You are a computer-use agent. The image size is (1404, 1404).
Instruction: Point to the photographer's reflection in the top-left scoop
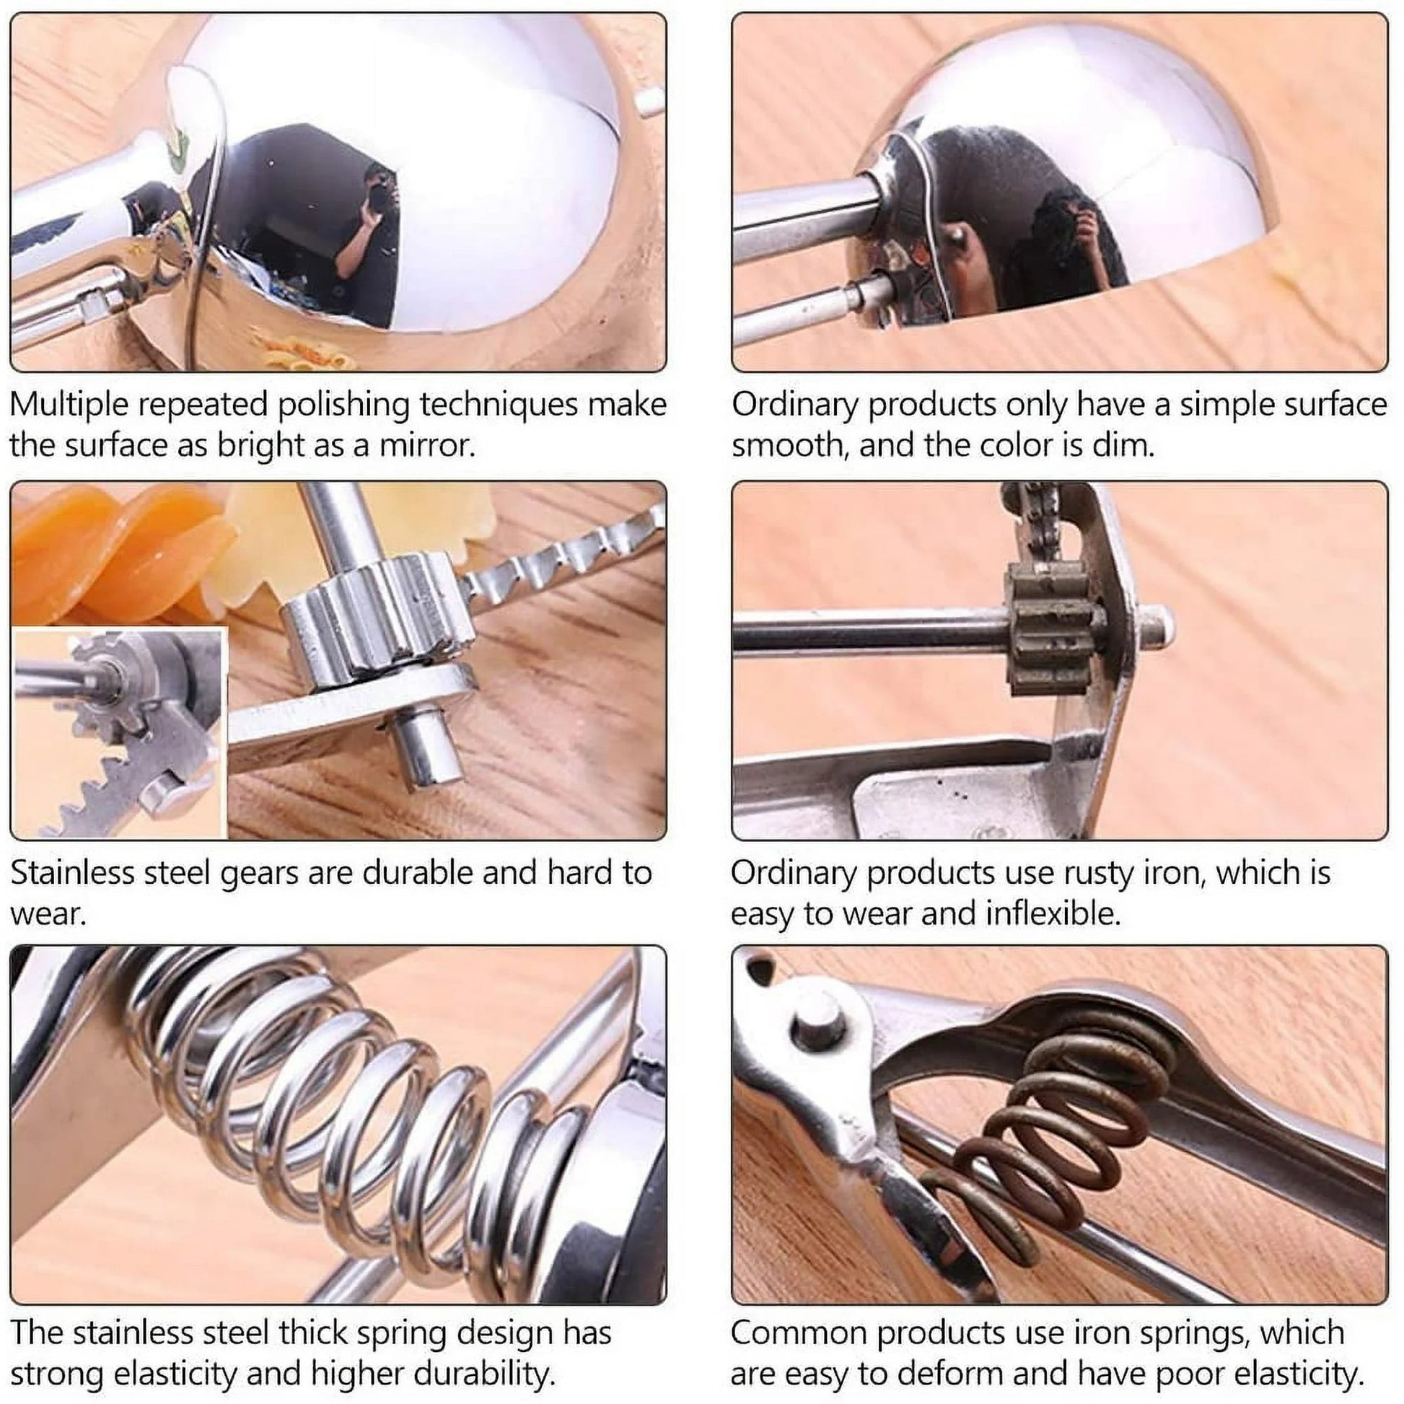(x=367, y=232)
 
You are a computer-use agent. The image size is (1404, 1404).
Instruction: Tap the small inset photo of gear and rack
(x=120, y=734)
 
